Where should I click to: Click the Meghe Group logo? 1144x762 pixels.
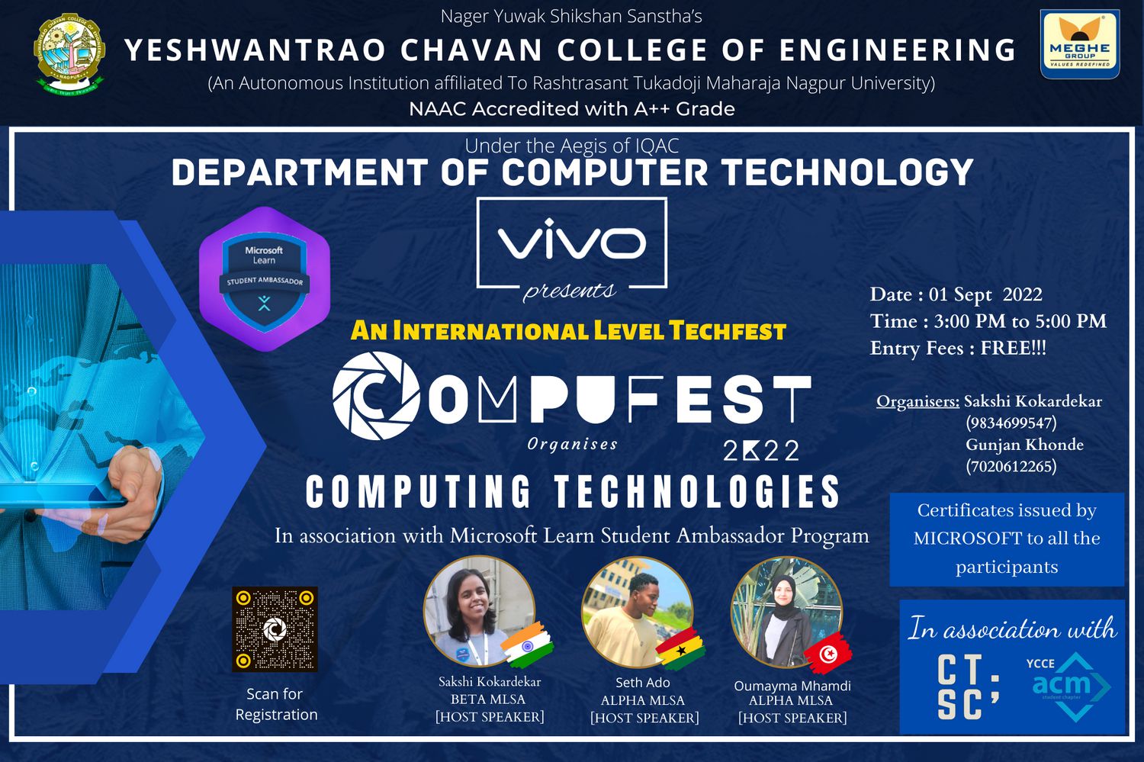tap(1080, 44)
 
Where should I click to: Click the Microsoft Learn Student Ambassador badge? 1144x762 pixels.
tap(265, 279)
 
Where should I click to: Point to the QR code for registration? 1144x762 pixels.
tap(275, 629)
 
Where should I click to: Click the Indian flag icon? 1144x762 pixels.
tap(527, 645)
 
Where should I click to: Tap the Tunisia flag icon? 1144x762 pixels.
tap(827, 653)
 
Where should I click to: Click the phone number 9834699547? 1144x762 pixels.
tap(1011, 423)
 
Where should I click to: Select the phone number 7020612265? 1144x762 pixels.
tap(1011, 466)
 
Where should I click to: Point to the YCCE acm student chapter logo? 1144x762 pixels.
tap(1067, 685)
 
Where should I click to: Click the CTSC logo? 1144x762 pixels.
tap(968, 686)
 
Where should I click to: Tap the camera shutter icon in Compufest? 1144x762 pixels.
tap(376, 396)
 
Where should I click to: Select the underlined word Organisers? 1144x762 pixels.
tap(917, 401)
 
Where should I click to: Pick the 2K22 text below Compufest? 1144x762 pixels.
tap(761, 451)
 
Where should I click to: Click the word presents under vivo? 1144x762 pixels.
tap(569, 291)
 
